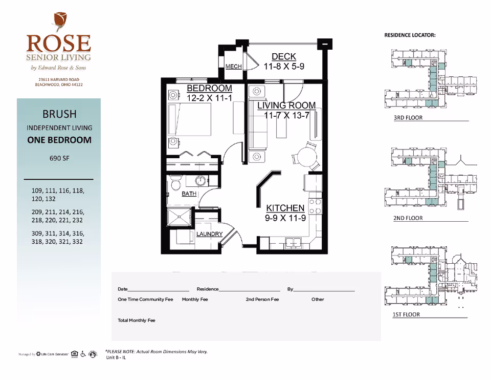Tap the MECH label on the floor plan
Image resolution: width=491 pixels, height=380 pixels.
tap(233, 67)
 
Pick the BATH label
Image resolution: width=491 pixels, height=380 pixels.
tap(189, 194)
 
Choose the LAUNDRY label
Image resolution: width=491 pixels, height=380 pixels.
tap(210, 234)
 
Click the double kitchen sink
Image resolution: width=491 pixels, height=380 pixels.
tap(293, 243)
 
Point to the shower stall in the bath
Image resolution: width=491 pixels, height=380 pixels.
tap(180, 217)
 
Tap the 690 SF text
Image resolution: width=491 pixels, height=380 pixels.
tap(59, 158)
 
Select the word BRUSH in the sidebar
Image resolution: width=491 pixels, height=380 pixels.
tap(59, 113)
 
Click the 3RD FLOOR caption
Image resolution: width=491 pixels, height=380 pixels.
tap(408, 118)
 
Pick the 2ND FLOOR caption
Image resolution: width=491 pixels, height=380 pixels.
tap(408, 218)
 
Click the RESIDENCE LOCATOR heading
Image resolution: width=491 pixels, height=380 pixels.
tap(410, 35)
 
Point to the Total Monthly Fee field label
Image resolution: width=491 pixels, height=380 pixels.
tap(136, 321)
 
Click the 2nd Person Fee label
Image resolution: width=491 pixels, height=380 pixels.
tap(262, 300)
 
